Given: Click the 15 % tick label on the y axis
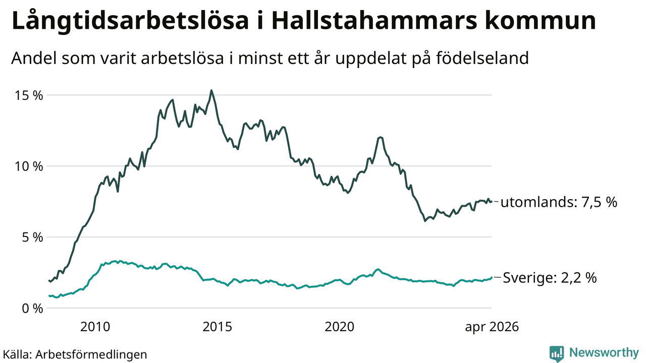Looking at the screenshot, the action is tap(29, 96).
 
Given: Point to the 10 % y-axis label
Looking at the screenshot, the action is tap(29, 166).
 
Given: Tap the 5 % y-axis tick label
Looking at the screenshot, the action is tap(32, 237).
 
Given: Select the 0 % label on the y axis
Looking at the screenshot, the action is tap(32, 309).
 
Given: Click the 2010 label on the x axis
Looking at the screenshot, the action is tap(95, 327).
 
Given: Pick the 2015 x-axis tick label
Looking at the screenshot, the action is tap(217, 327).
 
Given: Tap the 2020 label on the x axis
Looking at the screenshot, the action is tap(340, 327).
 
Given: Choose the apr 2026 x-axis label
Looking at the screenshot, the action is tap(492, 327).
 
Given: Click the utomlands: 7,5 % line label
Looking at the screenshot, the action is tap(559, 202).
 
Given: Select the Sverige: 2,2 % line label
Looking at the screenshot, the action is tap(550, 278).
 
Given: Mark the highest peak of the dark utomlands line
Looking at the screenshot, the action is tap(211, 90).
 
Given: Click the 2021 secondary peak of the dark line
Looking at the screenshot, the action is tap(381, 137).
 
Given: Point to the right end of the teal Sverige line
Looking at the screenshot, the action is tap(492, 277).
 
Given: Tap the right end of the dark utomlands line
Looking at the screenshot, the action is tap(492, 202).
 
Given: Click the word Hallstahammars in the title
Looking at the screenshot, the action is tap(374, 21).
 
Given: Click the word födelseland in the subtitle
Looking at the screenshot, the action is tap(482, 58).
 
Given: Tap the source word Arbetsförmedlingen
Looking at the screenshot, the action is tap(91, 354).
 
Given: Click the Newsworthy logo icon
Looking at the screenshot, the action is tap(557, 353).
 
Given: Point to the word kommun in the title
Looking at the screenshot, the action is tap(541, 21).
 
